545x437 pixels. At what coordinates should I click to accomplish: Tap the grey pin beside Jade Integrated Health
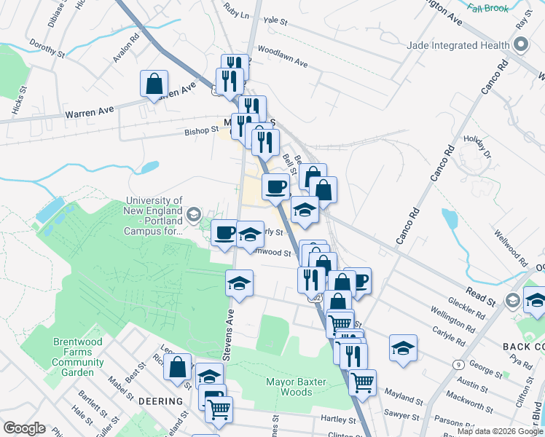[x=520, y=45]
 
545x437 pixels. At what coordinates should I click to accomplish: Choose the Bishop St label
[x=200, y=131]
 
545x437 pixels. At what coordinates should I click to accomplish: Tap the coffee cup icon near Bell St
[x=276, y=186]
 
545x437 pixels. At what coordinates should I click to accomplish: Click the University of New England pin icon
[x=193, y=213]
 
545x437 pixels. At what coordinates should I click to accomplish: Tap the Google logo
[x=25, y=428]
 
